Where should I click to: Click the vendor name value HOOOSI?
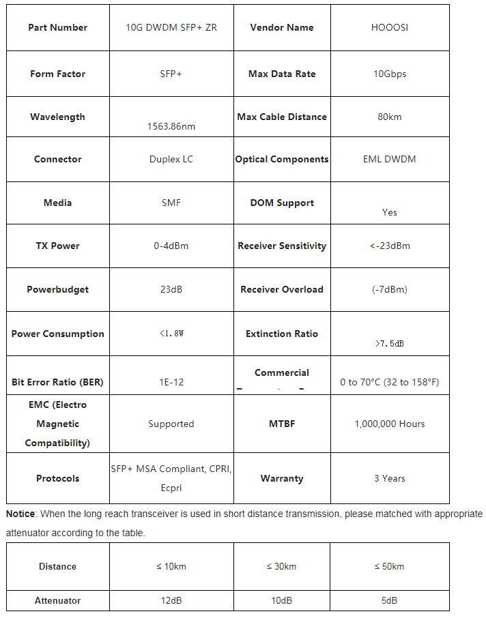[389, 28]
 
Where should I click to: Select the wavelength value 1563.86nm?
[171, 126]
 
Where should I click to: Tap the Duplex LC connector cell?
[171, 159]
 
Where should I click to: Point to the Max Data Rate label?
[282, 74]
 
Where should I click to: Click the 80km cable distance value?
[389, 117]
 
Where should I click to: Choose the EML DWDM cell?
[389, 159]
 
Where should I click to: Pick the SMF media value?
[171, 203]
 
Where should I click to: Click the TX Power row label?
[57, 246]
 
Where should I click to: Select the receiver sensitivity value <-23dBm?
[390, 246]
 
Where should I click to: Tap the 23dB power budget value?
[171, 289]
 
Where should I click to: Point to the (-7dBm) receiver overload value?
[390, 289]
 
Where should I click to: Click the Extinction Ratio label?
[282, 334]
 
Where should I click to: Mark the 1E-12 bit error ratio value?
[171, 382]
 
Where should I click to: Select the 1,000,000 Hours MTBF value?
[390, 424]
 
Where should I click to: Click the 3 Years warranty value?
[390, 478]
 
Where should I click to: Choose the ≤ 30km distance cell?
[281, 566]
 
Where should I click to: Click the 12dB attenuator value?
[171, 600]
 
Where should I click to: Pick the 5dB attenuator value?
[390, 600]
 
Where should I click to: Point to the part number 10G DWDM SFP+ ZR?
[171, 28]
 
